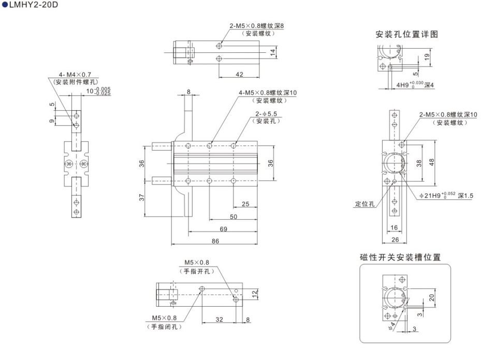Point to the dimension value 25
point(245,204)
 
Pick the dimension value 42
point(239,74)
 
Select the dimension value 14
point(272,52)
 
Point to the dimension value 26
point(395,239)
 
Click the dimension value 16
point(395,228)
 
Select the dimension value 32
point(220,320)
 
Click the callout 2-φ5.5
point(264,113)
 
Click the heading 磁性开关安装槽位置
point(400,257)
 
